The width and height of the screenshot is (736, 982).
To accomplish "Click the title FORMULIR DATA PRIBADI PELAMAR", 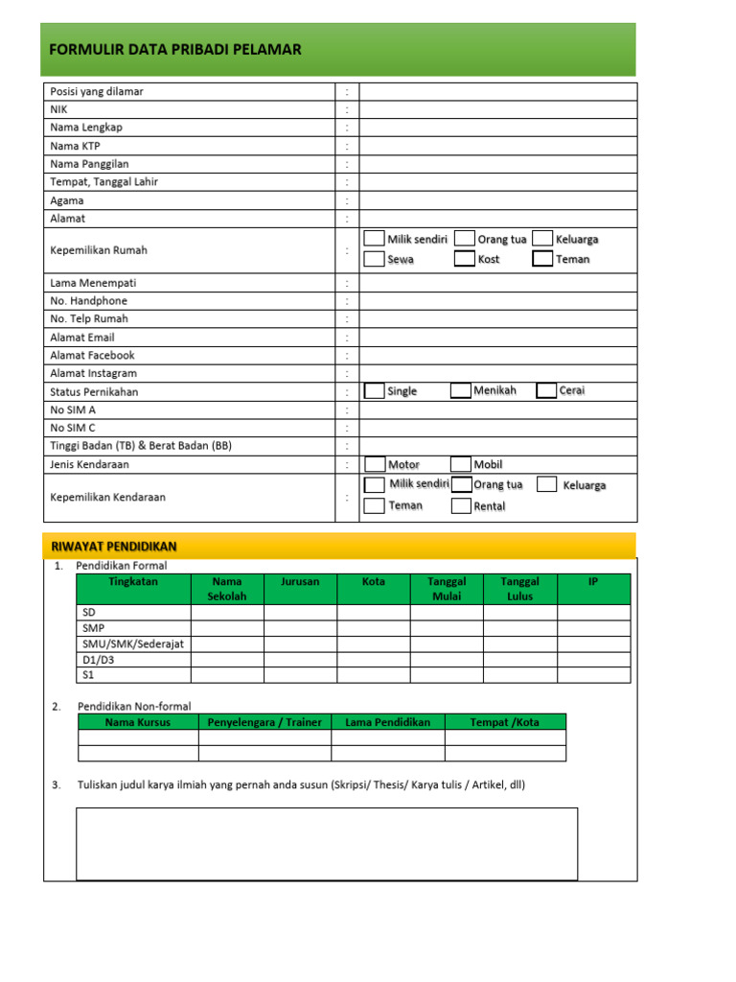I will (175, 50).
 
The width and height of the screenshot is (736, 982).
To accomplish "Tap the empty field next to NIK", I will (497, 109).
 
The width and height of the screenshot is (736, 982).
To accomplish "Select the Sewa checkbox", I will (374, 259).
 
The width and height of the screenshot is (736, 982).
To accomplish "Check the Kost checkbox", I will (464, 259).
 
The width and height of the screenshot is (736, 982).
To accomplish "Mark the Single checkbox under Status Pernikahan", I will (374, 390).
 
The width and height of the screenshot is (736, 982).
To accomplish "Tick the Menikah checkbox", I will (460, 390).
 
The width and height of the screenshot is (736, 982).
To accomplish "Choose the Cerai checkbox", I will (546, 390).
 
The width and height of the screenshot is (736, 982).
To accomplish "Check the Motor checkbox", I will (375, 464).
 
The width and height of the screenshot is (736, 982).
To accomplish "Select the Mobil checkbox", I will (460, 464).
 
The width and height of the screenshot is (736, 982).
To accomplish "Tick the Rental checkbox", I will (460, 505).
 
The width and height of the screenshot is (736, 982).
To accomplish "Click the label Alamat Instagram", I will (93, 373).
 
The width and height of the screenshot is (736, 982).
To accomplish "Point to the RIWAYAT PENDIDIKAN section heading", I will (113, 546).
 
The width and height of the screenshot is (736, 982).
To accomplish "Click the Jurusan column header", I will (300, 581).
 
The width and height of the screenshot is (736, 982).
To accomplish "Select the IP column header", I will (593, 581).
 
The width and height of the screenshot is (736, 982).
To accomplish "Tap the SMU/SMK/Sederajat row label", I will (131, 643).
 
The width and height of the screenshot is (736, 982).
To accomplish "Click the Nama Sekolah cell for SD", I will (227, 612).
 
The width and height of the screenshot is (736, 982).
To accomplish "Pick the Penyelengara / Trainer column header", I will (264, 722).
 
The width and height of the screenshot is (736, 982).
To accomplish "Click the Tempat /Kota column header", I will (505, 722).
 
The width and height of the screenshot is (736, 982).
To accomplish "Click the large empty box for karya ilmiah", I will (327, 843).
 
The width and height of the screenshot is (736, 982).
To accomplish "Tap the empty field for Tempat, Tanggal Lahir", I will (497, 182).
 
